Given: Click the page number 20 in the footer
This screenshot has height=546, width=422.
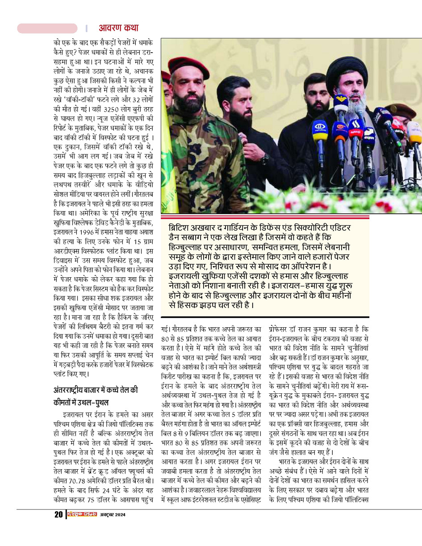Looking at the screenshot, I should [58, 514].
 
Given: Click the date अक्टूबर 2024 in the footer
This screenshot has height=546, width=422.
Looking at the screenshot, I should [112, 514].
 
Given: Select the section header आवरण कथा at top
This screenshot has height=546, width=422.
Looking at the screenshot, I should [118, 28].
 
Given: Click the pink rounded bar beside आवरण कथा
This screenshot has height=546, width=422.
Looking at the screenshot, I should [47, 28].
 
